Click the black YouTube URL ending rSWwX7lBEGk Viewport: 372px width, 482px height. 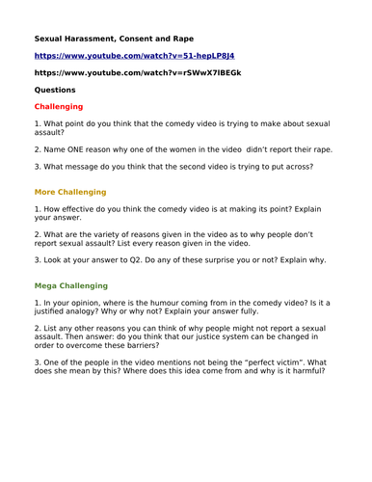pyautogui.click(x=137, y=72)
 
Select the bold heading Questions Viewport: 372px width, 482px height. pyautogui.click(x=55, y=90)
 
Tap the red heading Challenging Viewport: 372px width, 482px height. pyautogui.click(x=59, y=106)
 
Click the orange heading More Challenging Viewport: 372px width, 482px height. pyautogui.click(x=70, y=192)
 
